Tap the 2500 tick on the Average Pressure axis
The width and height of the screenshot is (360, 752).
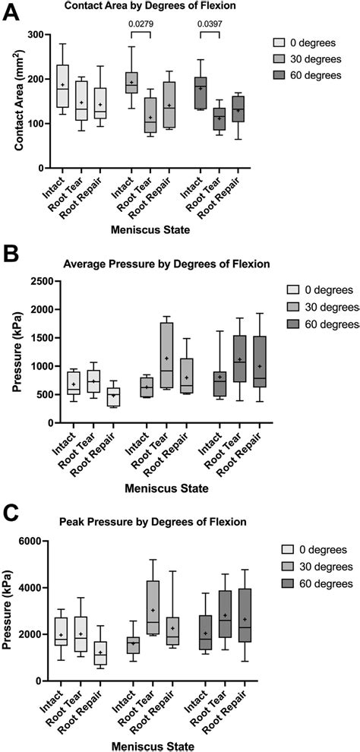tap(36, 281)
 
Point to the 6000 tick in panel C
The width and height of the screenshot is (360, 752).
tap(36, 541)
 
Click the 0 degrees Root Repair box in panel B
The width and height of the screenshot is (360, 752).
tap(115, 397)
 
